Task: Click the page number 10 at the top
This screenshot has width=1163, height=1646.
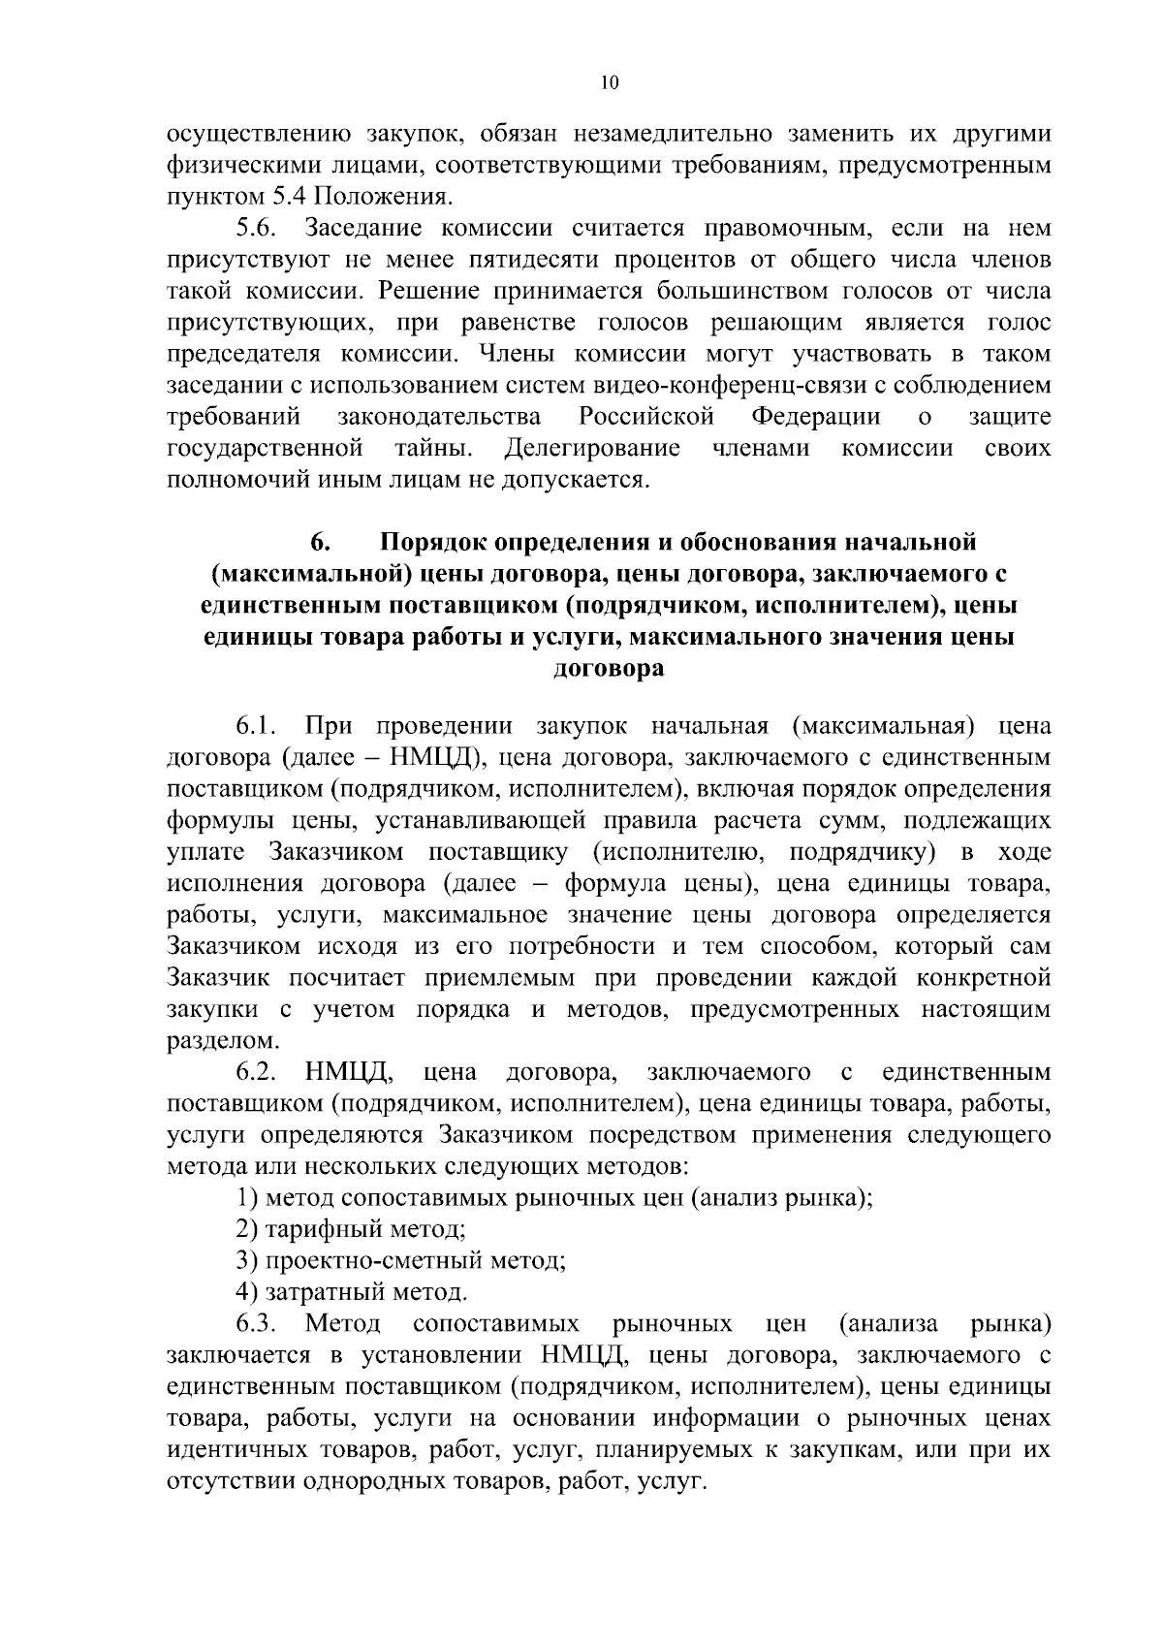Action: (x=608, y=83)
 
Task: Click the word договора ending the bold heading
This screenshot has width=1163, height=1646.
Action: (x=608, y=669)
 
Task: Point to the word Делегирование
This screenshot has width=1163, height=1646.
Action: (x=592, y=449)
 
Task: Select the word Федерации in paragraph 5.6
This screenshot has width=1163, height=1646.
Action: (x=816, y=418)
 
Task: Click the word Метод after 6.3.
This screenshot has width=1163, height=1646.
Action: (x=342, y=1324)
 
